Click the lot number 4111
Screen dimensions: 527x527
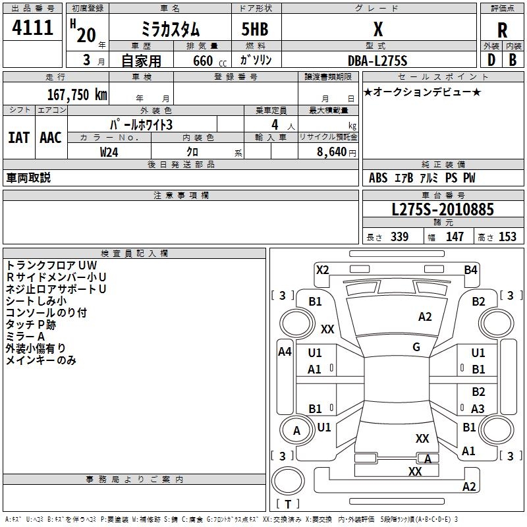(32, 27)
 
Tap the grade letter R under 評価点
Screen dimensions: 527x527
(502, 30)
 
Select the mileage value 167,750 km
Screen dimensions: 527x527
(77, 94)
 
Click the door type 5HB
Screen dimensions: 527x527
(255, 29)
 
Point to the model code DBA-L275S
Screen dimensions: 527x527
(377, 61)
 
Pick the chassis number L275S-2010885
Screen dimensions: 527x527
(443, 209)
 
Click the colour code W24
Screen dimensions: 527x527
(109, 152)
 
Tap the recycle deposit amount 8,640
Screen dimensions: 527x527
(332, 152)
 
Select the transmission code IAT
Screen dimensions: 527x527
(18, 138)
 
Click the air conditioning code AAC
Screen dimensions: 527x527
(51, 138)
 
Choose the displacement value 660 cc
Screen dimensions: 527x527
(209, 61)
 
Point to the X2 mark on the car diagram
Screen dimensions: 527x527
(322, 270)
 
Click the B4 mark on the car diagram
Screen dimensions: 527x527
(470, 270)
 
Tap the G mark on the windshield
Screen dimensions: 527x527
(416, 347)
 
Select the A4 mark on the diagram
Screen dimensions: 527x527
(285, 352)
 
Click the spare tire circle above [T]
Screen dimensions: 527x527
(288, 481)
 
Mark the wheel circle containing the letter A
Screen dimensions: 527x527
(296, 431)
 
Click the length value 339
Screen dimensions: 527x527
(399, 236)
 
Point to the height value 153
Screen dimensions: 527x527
(507, 236)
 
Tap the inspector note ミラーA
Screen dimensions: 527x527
(25, 337)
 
